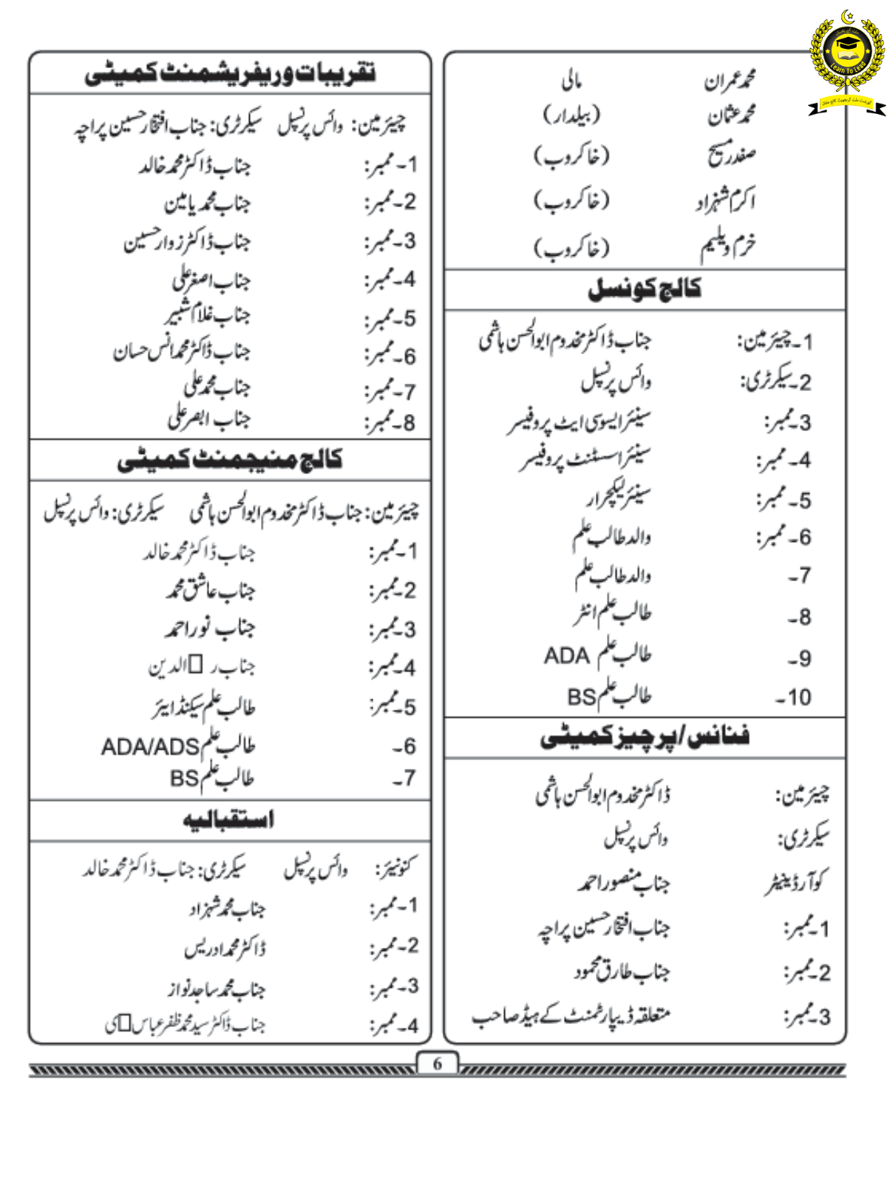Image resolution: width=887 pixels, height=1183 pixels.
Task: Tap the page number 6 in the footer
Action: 438,1063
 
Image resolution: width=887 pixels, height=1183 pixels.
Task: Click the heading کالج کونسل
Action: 645,289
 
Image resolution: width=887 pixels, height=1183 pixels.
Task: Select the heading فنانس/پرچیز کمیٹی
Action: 645,737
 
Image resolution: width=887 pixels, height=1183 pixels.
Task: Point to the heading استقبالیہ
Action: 229,820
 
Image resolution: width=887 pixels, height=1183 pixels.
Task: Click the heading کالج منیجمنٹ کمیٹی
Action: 229,460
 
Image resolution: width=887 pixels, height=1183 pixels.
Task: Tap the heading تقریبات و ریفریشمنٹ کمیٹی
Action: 229,73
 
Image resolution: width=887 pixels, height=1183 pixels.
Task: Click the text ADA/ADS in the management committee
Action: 150,748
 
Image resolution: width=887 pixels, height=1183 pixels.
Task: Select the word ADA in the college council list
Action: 566,656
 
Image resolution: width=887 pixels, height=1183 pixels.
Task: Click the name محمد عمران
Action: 730,79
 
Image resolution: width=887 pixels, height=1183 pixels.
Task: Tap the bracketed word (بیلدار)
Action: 572,115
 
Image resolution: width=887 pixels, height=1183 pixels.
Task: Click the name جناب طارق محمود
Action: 622,972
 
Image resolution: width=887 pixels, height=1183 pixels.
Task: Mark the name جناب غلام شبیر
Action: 208,316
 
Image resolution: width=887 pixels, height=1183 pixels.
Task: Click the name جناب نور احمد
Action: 210,628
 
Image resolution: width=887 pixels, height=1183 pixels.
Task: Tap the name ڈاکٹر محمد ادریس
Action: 225,948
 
